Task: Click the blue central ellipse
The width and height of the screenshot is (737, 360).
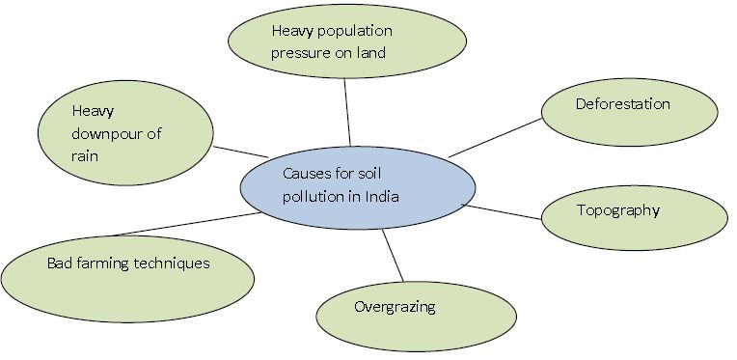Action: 358,189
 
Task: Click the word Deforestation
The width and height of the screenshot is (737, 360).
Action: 622,104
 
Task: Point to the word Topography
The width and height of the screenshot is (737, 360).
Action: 618,209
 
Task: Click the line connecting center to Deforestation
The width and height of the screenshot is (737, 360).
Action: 494,137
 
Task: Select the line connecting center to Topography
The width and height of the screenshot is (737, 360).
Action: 504,211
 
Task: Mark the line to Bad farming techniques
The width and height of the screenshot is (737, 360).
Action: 183,224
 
